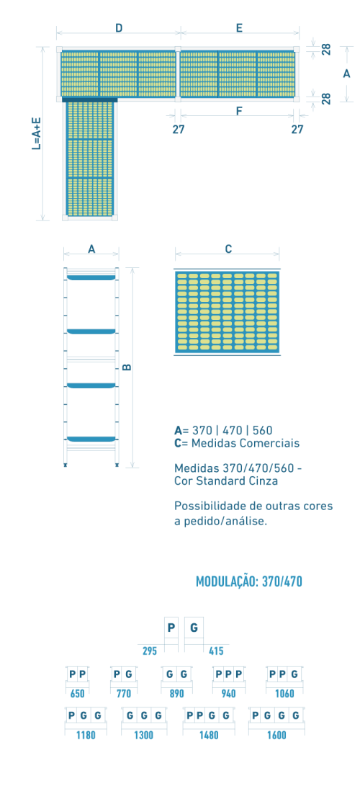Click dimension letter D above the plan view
click(x=119, y=28)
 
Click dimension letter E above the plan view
click(x=239, y=28)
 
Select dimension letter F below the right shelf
click(x=239, y=111)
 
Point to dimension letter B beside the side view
click(x=127, y=367)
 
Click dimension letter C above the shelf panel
click(x=228, y=249)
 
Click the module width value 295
click(x=150, y=651)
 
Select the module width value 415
click(x=216, y=651)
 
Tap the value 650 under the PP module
click(x=78, y=694)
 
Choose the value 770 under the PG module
click(x=123, y=694)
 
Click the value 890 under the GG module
click(x=176, y=694)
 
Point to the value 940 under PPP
click(x=228, y=694)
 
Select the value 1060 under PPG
click(x=284, y=694)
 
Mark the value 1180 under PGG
click(x=85, y=736)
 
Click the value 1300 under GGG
click(x=144, y=736)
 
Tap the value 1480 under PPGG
click(x=208, y=736)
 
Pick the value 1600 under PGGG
click(x=276, y=736)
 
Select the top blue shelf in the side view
click(x=91, y=277)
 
